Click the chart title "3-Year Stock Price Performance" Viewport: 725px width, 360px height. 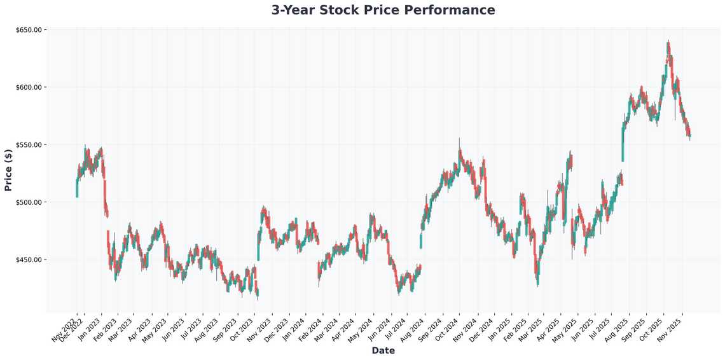click(x=383, y=10)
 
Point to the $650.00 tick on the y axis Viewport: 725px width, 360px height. click(x=28, y=30)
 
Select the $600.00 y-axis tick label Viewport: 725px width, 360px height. click(x=28, y=87)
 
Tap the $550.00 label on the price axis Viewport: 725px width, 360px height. click(x=28, y=145)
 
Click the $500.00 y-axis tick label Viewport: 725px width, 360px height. click(x=28, y=202)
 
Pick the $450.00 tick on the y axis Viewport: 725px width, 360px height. click(x=28, y=260)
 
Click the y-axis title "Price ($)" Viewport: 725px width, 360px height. click(x=8, y=170)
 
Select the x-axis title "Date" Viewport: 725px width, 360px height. click(x=383, y=350)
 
